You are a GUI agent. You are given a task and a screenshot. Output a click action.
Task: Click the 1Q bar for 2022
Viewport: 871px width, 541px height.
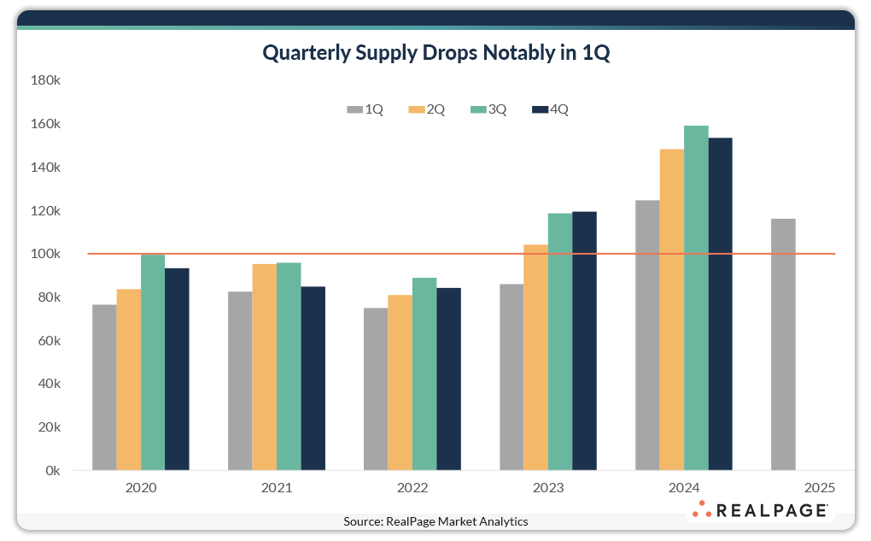pyautogui.click(x=376, y=389)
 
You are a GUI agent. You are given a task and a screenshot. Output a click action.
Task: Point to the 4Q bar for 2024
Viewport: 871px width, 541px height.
pyautogui.click(x=721, y=303)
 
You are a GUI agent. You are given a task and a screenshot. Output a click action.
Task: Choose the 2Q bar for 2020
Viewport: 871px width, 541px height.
pyautogui.click(x=129, y=379)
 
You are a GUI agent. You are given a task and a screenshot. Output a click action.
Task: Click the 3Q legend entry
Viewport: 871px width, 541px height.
pyautogui.click(x=488, y=109)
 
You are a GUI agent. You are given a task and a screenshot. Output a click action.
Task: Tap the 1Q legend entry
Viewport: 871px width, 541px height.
pyautogui.click(x=365, y=109)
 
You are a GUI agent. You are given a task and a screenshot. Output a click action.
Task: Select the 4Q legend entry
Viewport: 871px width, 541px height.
pyautogui.click(x=550, y=109)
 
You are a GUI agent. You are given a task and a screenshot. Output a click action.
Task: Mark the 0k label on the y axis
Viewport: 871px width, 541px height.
pyautogui.click(x=50, y=471)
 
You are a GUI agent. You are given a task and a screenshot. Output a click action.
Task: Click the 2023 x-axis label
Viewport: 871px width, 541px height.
pyautogui.click(x=548, y=489)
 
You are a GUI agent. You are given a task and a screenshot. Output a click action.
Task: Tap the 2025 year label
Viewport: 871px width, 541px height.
pyautogui.click(x=819, y=489)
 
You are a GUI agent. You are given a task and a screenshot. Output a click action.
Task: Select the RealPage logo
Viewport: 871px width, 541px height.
pyautogui.click(x=759, y=510)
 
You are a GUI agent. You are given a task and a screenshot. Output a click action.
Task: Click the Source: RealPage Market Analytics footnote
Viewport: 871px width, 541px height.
pyautogui.click(x=435, y=521)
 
